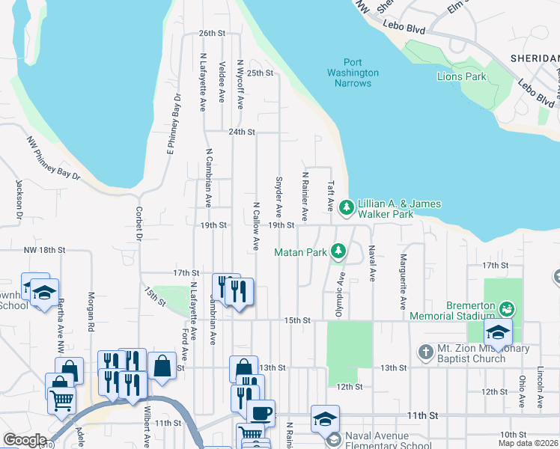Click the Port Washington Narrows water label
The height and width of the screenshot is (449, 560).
click(353, 73)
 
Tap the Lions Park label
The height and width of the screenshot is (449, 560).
click(462, 76)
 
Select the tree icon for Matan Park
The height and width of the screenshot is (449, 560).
click(338, 251)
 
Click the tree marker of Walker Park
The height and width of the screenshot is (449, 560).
click(346, 207)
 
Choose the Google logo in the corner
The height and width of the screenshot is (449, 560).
click(25, 440)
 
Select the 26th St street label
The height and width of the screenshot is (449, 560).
click(212, 34)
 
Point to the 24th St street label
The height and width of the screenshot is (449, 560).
click(242, 132)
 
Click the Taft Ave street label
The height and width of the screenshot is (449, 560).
click(329, 195)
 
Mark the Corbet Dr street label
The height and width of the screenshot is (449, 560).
click(139, 224)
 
